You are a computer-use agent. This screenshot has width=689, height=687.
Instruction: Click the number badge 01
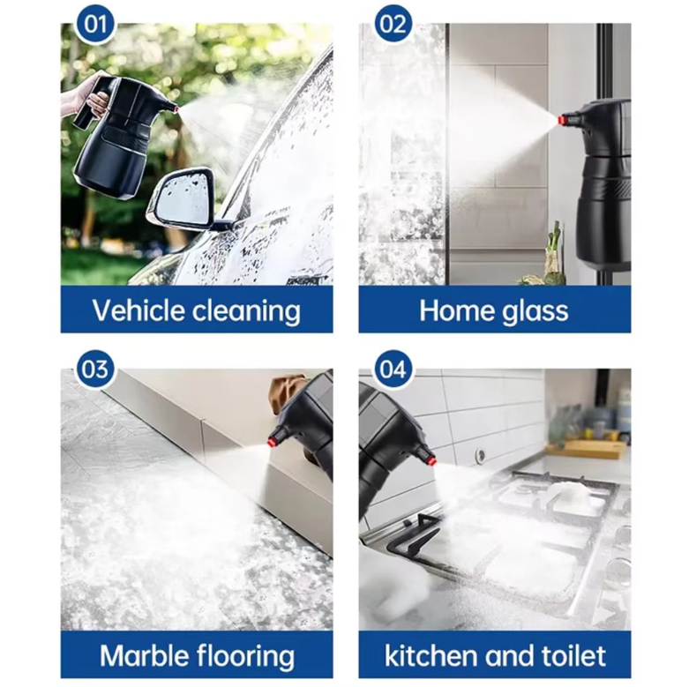click(94, 24)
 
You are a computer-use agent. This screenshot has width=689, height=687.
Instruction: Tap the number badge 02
click(393, 24)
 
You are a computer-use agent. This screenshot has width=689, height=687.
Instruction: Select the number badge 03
click(94, 369)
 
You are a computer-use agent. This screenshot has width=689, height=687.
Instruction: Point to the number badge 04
click(393, 369)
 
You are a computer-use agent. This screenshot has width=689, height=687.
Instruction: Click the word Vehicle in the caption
click(139, 310)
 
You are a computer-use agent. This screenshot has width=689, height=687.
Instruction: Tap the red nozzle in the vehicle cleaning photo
click(175, 108)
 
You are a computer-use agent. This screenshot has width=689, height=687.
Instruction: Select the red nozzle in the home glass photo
click(562, 119)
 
